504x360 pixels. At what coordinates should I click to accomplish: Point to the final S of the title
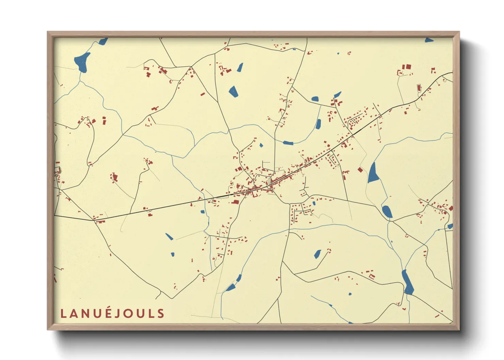[161, 313]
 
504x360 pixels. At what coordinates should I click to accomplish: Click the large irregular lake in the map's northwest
[82, 62]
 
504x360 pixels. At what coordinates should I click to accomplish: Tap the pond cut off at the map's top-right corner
[429, 40]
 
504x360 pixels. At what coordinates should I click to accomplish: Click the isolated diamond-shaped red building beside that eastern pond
[360, 169]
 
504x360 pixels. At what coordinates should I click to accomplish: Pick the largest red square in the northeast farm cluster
[407, 67]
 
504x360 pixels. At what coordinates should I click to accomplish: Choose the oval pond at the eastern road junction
[387, 212]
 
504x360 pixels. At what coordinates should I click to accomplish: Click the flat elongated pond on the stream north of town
[288, 143]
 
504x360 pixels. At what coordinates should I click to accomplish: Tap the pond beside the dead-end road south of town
[317, 254]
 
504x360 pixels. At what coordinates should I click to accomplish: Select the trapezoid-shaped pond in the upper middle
[233, 91]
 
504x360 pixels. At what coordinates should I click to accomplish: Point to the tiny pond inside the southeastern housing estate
[314, 203]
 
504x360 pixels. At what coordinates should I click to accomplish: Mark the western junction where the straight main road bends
[94, 220]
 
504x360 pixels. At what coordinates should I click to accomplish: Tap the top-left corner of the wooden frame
[48, 32]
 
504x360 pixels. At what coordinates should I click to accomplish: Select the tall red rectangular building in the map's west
[104, 120]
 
